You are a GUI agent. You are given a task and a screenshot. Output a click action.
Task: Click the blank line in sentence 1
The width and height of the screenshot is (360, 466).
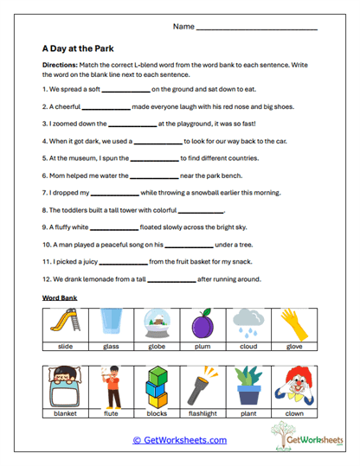click(x=126, y=90)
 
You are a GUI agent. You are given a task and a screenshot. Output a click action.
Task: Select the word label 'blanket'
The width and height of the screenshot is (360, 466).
click(x=62, y=413)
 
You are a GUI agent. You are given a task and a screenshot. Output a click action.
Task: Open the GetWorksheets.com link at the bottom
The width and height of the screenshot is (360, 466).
click(x=180, y=440)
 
